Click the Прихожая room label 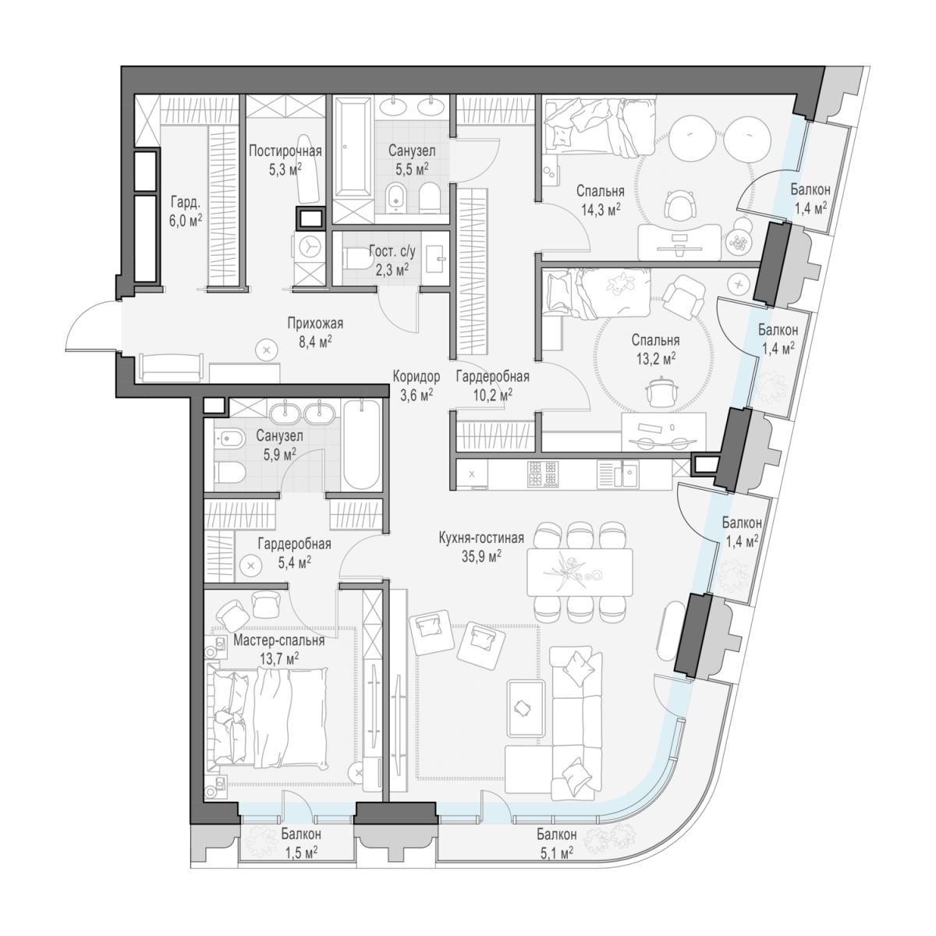(315, 324)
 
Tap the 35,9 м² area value (481, 556)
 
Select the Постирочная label (285, 151)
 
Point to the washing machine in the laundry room (308, 246)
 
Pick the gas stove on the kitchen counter (543, 473)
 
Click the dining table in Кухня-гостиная (580, 573)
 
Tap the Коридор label (417, 377)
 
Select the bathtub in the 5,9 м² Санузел (362, 445)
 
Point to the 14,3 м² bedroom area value (601, 209)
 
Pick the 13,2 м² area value (656, 359)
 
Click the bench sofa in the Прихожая (171, 367)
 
